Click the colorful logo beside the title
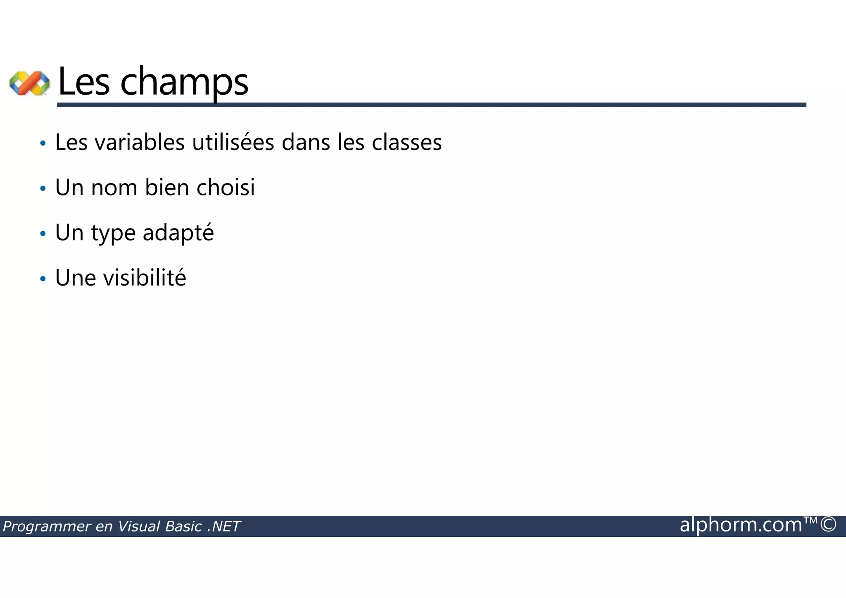click(29, 83)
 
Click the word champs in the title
click(184, 82)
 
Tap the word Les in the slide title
click(84, 82)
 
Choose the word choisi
click(226, 188)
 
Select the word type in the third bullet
click(113, 233)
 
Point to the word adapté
click(178, 233)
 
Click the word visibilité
click(145, 278)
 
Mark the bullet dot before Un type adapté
click(43, 234)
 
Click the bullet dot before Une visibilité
click(43, 279)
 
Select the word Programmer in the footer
click(47, 527)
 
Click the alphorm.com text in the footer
click(741, 525)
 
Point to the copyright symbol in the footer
click(828, 524)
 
